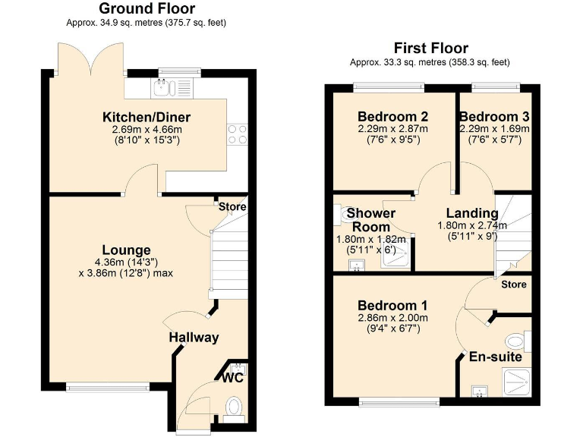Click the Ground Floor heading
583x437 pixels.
pos(148,9)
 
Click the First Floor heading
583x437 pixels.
pos(430,48)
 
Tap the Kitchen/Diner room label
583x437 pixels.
pos(147,118)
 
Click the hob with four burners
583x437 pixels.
pos(237,134)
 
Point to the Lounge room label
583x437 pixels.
pos(127,250)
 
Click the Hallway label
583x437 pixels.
pos(194,338)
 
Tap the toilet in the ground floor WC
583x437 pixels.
pos(235,407)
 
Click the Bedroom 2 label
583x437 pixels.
pos(392,117)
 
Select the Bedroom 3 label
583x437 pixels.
pos(494,117)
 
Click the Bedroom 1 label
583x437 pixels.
pos(393,306)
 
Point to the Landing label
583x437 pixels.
pos(472,213)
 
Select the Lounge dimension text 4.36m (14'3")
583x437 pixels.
pos(127,263)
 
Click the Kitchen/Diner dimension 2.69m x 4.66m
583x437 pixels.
pos(147,130)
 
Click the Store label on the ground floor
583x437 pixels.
pos(232,206)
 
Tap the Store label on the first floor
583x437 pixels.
pos(514,284)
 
